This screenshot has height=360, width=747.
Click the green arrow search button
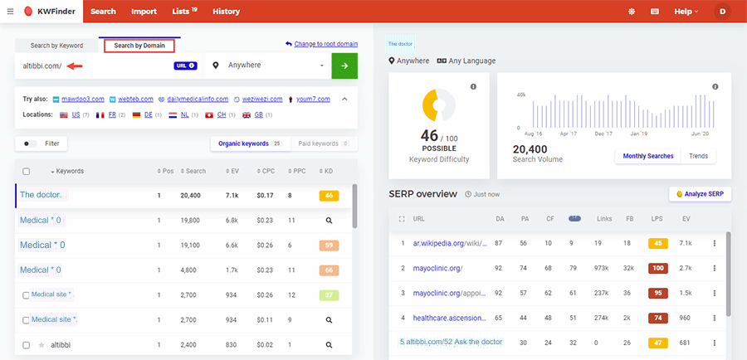[344, 66]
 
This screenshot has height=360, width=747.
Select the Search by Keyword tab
[56, 46]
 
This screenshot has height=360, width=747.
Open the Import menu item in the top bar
[144, 12]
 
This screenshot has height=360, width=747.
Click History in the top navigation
[226, 12]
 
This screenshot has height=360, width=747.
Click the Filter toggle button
[41, 144]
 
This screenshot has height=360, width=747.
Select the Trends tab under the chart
[698, 156]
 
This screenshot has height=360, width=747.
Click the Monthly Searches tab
[647, 156]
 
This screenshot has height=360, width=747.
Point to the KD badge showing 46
[329, 196]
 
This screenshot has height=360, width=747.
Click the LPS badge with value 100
[658, 268]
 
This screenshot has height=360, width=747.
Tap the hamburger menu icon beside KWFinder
[10, 12]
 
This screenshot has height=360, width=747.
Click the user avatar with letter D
[722, 12]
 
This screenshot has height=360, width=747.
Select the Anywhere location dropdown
[267, 66]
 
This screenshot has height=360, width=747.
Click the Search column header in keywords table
[194, 171]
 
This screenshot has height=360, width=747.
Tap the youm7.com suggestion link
[314, 100]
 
